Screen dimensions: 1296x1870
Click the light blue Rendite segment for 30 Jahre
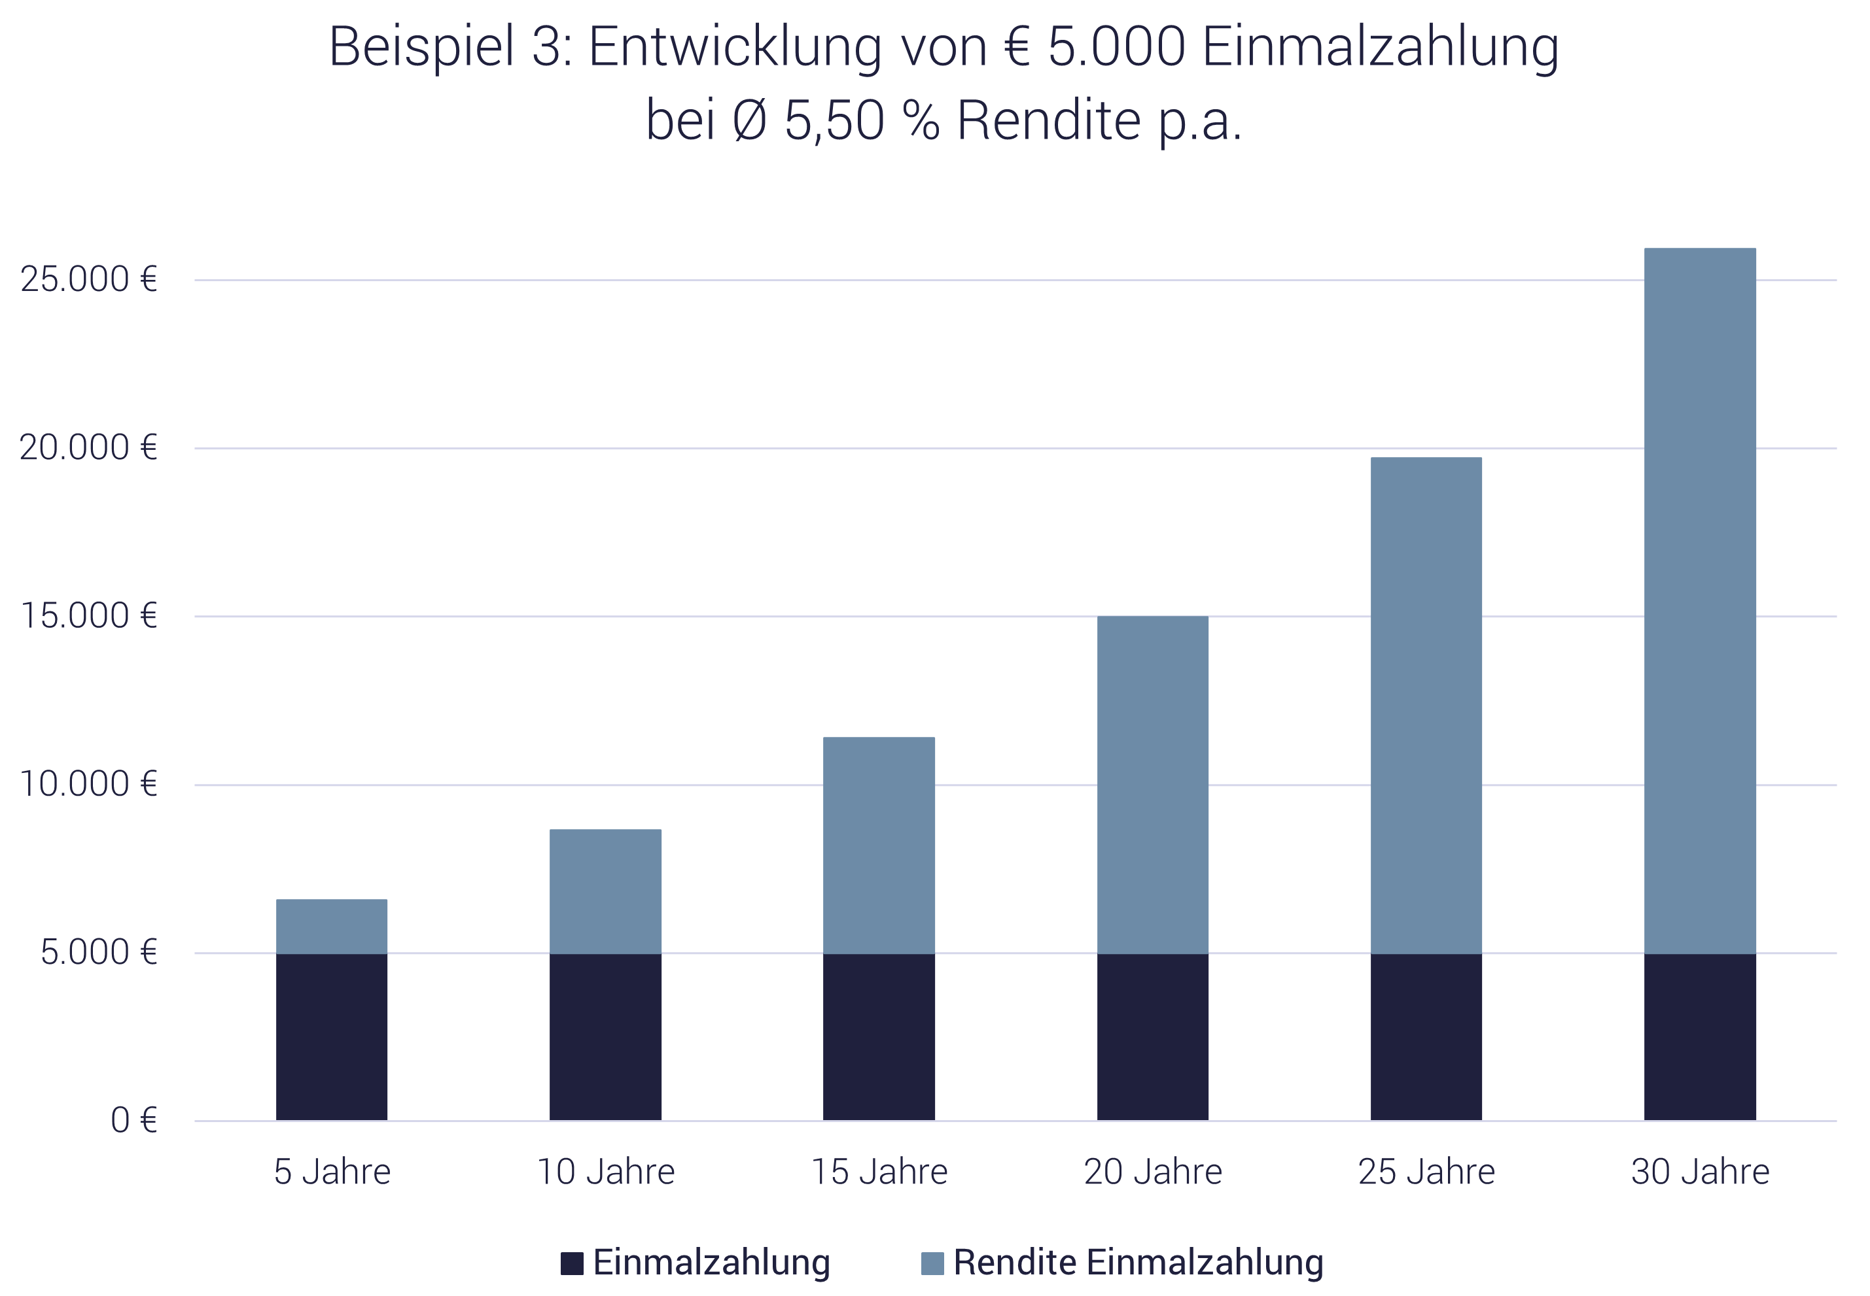pos(1701,601)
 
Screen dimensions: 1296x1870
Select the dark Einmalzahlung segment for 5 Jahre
pos(332,1037)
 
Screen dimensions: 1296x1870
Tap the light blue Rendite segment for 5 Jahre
pos(332,926)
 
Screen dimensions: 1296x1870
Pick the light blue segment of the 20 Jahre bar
pos(1153,785)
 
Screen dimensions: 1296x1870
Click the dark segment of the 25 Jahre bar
pos(1426,1037)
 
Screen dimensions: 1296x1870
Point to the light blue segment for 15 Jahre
pos(879,845)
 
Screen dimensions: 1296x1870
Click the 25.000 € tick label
pos(88,280)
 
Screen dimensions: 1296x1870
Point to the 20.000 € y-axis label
pos(88,449)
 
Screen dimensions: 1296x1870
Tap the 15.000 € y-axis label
pos(88,617)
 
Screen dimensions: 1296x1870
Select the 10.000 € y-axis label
pos(88,785)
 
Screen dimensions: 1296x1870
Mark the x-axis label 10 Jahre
pos(606,1172)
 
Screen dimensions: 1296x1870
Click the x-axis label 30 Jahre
pos(1701,1172)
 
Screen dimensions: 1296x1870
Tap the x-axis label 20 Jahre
pos(1153,1172)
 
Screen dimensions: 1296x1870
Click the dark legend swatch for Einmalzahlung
pos(572,1263)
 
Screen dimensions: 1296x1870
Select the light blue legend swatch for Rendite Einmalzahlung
pos(932,1263)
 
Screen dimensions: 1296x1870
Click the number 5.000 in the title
pos(1116,47)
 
